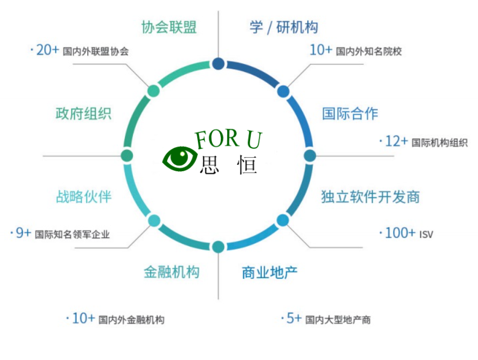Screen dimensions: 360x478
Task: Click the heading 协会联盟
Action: click(168, 27)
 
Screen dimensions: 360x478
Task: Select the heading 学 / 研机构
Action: click(283, 27)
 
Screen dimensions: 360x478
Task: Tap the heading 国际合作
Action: click(350, 113)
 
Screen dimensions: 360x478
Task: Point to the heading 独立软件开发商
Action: click(371, 197)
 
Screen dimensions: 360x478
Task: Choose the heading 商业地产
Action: click(270, 272)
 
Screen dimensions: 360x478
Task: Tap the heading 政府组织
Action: click(83, 113)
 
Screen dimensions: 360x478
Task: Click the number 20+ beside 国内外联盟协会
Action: click(46, 51)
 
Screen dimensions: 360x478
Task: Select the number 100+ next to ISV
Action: click(400, 233)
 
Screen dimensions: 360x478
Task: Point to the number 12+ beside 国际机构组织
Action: click(396, 142)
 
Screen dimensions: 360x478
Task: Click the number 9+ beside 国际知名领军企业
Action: click(23, 233)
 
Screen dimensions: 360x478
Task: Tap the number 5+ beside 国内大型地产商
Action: click(293, 319)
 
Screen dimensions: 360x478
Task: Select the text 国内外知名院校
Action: click(369, 52)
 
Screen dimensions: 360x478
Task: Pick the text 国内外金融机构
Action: click(131, 320)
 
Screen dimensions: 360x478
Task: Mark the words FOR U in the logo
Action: click(229, 140)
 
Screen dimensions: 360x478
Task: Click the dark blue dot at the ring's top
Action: click(218, 64)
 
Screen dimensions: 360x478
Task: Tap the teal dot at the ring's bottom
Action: click(218, 247)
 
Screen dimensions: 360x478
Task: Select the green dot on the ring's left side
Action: click(126, 155)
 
